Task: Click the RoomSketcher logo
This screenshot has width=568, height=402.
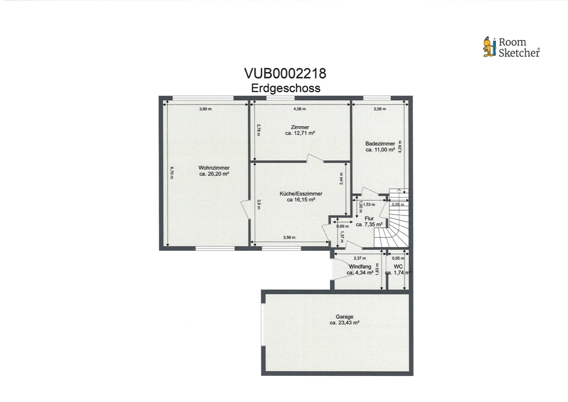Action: click(511, 47)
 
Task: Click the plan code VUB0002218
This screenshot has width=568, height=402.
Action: click(285, 73)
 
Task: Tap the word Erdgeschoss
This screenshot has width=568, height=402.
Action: click(286, 88)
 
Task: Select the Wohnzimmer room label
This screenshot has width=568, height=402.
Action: click(214, 168)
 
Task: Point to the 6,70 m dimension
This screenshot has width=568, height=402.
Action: click(172, 173)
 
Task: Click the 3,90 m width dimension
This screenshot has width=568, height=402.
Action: click(206, 109)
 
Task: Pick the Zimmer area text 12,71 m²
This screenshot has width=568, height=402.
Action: click(299, 133)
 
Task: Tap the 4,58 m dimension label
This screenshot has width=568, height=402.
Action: click(299, 109)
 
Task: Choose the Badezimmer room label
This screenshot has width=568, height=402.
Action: click(380, 143)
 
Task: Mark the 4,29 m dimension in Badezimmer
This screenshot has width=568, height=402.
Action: click(400, 147)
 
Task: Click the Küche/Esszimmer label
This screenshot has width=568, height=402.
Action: click(300, 193)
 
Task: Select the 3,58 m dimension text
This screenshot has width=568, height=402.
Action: click(289, 238)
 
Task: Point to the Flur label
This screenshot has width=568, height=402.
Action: click(369, 218)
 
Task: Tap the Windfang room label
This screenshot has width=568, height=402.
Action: click(360, 267)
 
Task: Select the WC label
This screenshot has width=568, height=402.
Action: click(398, 267)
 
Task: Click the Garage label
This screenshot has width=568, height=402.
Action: click(345, 317)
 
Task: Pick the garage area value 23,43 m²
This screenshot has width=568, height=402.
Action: click(345, 322)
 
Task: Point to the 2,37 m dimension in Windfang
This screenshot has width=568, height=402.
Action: click(360, 258)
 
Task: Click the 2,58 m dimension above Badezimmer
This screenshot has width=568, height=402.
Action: click(379, 109)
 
